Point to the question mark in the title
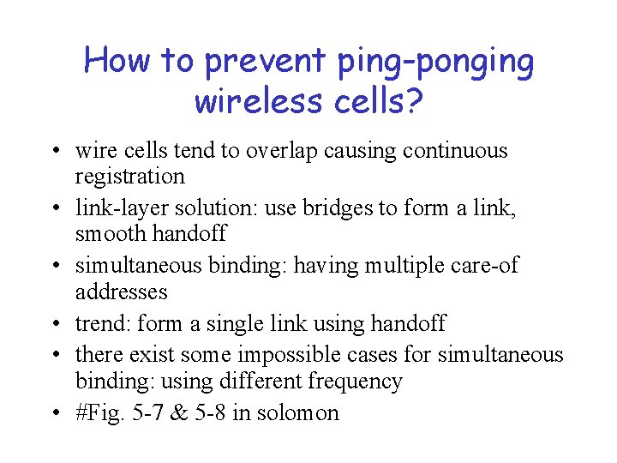(413, 100)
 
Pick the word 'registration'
(129, 177)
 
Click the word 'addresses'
(121, 292)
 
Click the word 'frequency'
(355, 381)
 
